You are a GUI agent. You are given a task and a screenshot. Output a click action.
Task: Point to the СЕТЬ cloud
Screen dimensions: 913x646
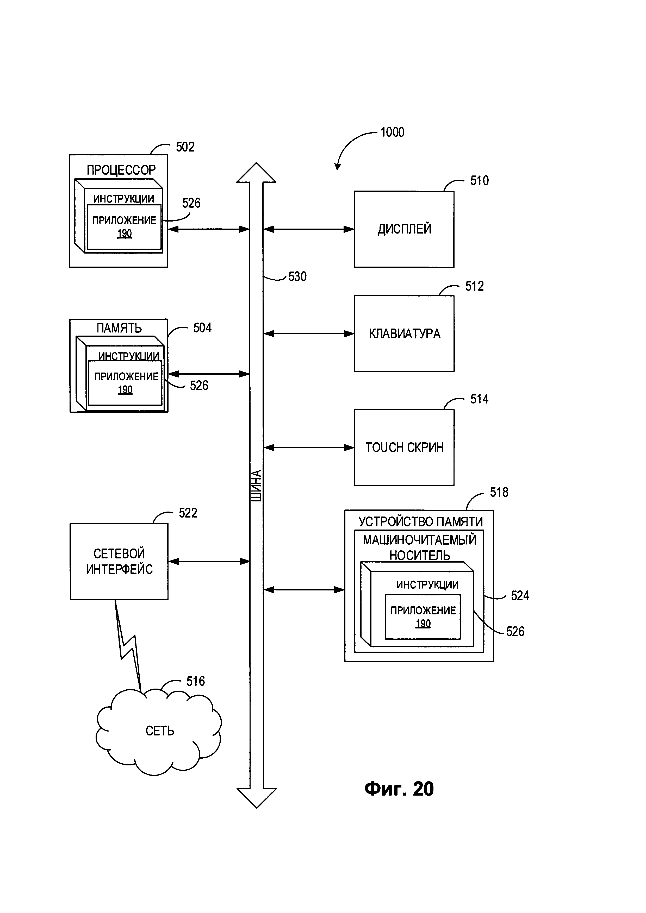click(159, 731)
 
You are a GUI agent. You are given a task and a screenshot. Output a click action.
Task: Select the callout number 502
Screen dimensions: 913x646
click(185, 147)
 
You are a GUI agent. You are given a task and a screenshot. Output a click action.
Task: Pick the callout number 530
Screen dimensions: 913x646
click(297, 277)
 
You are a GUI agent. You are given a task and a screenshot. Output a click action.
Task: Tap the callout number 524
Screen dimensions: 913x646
click(519, 595)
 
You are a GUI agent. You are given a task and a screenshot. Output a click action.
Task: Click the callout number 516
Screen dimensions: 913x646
click(195, 681)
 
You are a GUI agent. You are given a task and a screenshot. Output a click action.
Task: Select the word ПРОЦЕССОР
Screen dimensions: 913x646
click(121, 170)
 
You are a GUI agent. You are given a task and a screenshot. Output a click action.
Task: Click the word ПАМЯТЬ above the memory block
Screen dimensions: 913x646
click(119, 328)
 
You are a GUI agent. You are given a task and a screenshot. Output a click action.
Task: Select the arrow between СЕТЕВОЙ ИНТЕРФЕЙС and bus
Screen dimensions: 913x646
click(209, 562)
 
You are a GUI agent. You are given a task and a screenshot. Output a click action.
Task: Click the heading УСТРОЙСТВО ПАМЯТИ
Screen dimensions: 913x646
click(420, 521)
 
